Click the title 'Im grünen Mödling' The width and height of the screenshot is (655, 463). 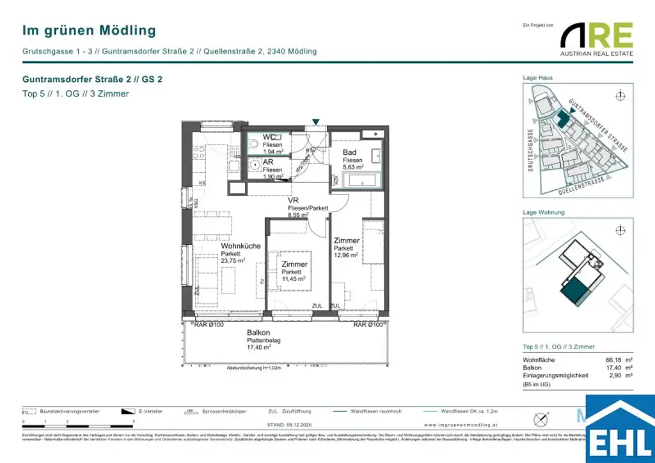[x=89, y=30]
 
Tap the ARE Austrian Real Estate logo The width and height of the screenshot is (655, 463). [x=597, y=39]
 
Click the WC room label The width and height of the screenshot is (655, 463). [x=269, y=137]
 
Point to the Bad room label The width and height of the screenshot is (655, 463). [x=349, y=152]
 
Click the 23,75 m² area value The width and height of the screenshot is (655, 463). [x=234, y=260]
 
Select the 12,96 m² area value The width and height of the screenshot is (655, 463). [x=345, y=255]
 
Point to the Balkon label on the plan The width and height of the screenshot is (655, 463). [x=259, y=333]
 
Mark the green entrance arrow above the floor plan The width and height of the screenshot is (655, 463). [x=315, y=122]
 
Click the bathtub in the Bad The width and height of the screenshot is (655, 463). [x=359, y=181]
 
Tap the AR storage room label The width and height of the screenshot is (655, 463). [x=269, y=162]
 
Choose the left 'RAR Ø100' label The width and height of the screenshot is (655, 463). [x=209, y=325]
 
